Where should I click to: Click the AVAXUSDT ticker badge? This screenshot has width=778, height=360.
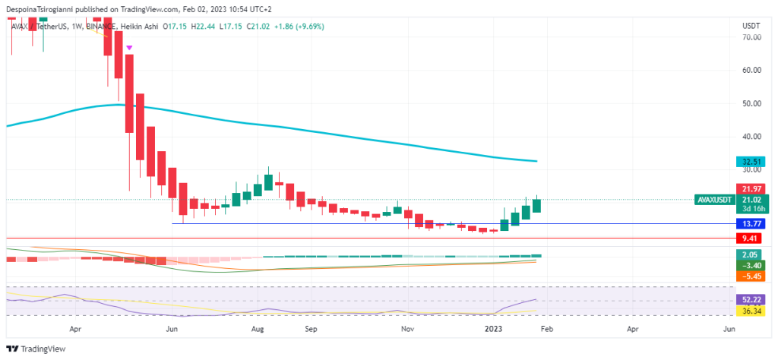click(715, 200)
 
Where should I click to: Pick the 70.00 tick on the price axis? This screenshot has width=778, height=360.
click(751, 36)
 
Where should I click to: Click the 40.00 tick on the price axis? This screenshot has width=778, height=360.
click(751, 137)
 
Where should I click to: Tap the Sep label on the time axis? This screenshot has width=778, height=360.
click(309, 330)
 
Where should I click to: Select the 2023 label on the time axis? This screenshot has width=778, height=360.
click(493, 330)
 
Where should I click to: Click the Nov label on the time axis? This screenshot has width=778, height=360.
click(407, 330)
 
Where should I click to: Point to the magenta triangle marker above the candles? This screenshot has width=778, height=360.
click(130, 48)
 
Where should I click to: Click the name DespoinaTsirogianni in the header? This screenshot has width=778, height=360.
click(43, 9)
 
